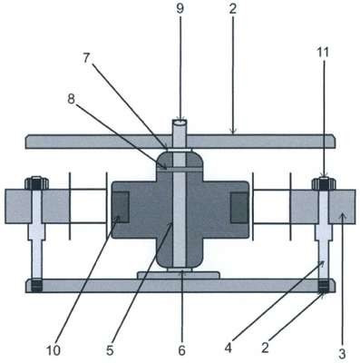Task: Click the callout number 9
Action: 180,9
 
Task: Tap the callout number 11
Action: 323,53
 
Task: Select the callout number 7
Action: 86,58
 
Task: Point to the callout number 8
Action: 71,99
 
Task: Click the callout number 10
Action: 54,350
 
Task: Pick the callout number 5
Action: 110,350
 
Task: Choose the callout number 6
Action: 181,350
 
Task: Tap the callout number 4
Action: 229,348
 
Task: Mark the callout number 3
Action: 342,354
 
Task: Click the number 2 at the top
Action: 232,9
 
